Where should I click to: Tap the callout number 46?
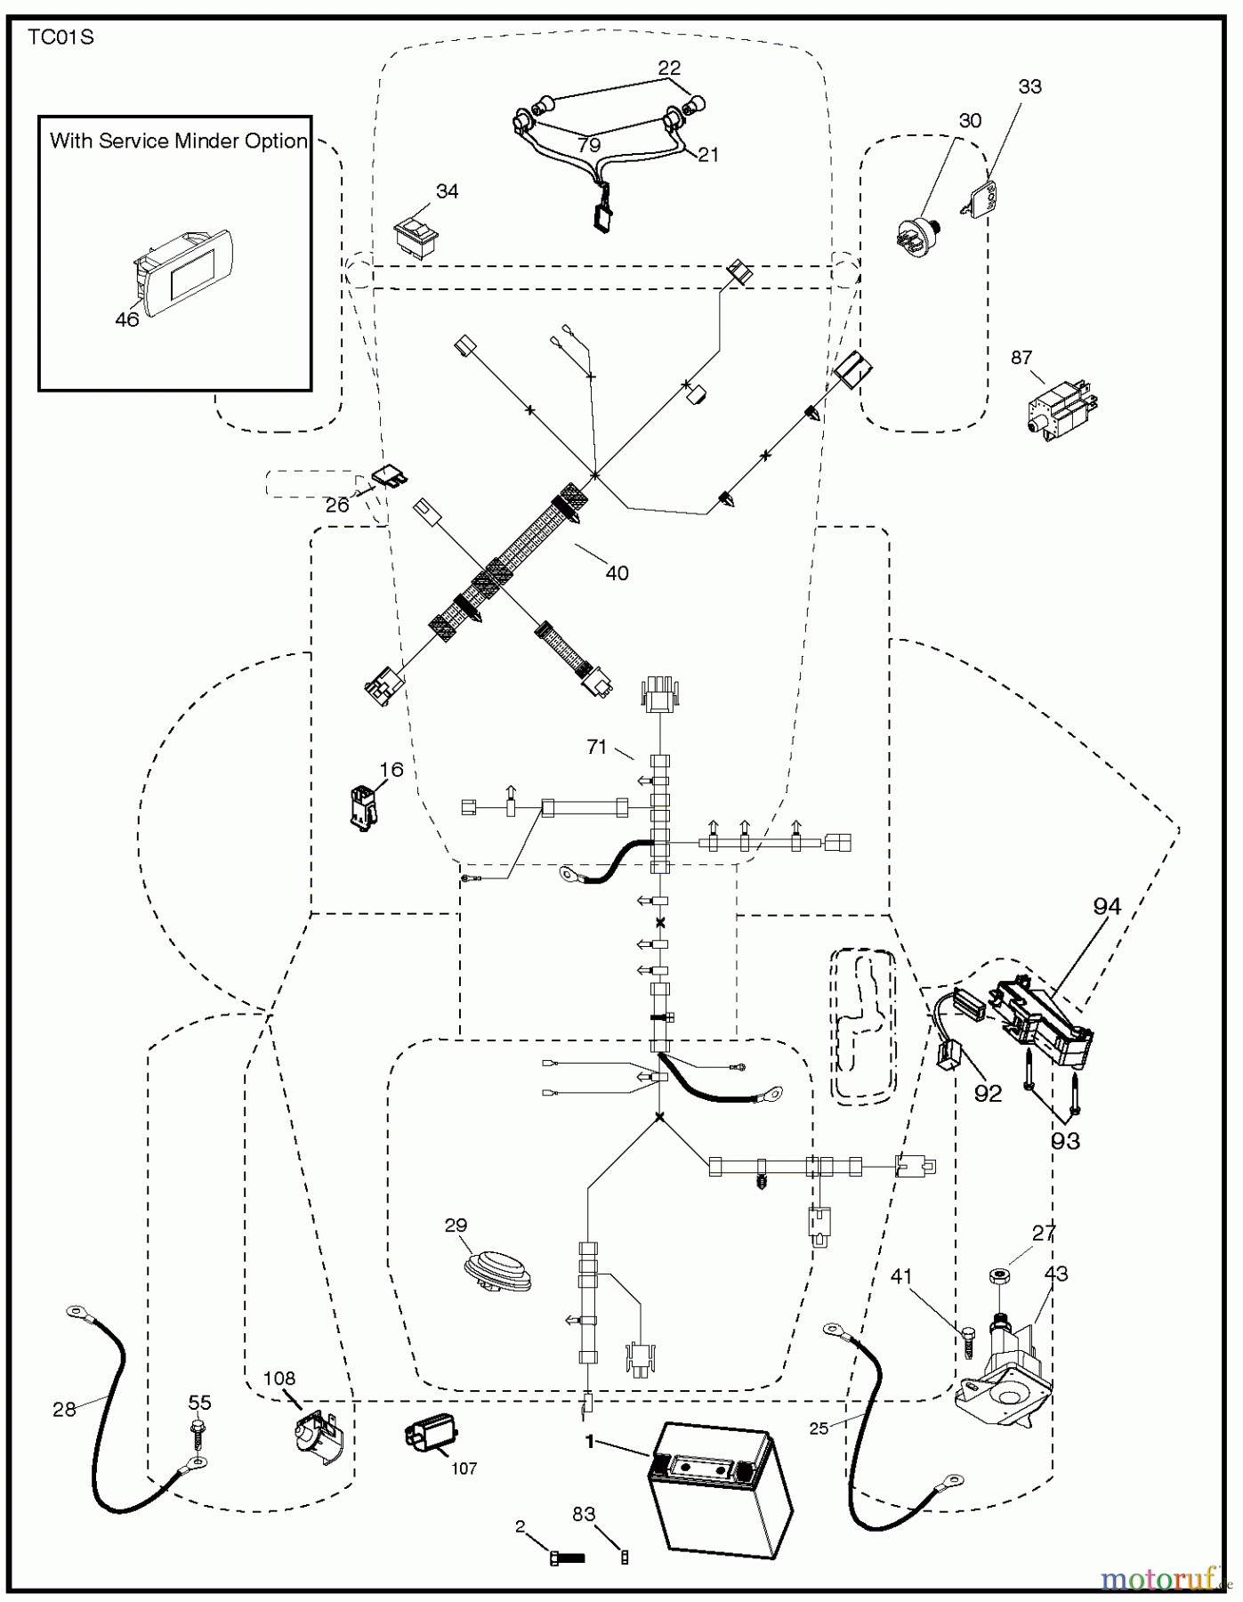point(127,320)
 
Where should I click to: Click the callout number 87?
point(1021,358)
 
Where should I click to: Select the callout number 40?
point(617,573)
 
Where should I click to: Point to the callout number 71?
point(597,748)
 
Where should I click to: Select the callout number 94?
point(1107,907)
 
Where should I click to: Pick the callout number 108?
point(278,1379)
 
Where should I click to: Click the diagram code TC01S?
point(61,37)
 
